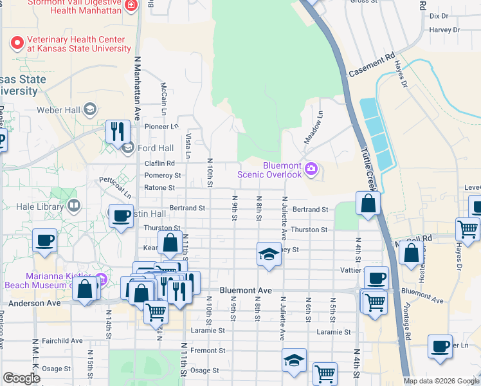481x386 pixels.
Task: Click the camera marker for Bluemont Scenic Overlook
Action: pyautogui.click(x=312, y=169)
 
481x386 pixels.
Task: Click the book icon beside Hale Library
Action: pyautogui.click(x=74, y=207)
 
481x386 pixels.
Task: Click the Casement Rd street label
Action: pyautogui.click(x=372, y=66)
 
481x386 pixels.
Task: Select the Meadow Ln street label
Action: pyautogui.click(x=313, y=127)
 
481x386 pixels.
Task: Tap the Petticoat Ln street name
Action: pyautogui.click(x=114, y=187)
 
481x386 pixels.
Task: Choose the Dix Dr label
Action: pyautogui.click(x=439, y=15)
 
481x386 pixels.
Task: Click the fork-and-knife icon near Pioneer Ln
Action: pyautogui.click(x=117, y=131)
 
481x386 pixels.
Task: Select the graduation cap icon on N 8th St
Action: pyautogui.click(x=269, y=254)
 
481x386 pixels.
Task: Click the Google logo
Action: pyautogui.click(x=22, y=378)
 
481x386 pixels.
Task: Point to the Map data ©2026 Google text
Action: pyautogui.click(x=440, y=381)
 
